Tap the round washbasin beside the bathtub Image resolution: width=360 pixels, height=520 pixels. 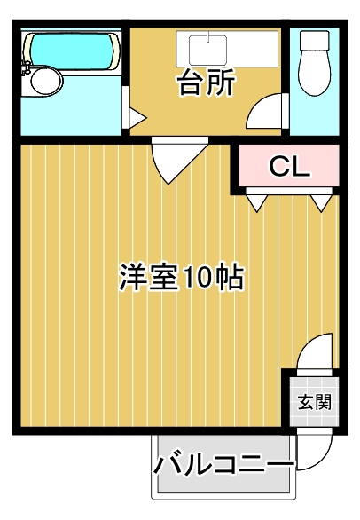(x=43, y=81)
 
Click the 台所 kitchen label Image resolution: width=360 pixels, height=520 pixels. (x=206, y=84)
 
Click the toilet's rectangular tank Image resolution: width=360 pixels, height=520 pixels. (x=314, y=42)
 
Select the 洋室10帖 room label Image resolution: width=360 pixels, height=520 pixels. (x=182, y=278)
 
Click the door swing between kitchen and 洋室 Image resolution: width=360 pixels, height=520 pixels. (x=171, y=161)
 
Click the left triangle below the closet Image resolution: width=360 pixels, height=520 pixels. (x=254, y=203)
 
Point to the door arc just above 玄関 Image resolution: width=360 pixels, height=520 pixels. (x=316, y=354)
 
